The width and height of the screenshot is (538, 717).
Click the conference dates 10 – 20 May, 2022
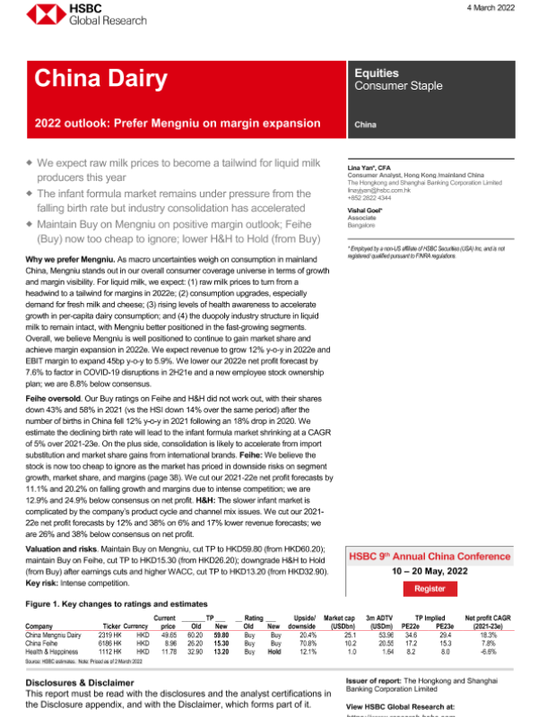pos(429,569)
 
